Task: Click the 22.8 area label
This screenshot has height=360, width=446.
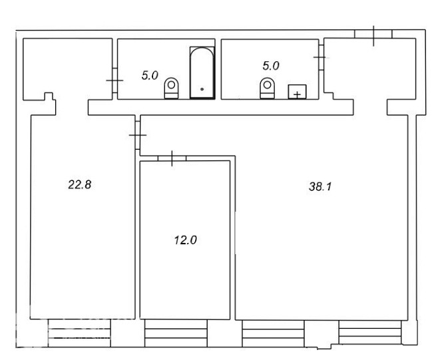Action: click(80, 185)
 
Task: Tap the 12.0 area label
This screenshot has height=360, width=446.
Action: click(186, 240)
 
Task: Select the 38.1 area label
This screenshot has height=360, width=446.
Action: click(320, 187)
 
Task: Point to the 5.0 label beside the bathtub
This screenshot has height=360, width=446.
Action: click(150, 76)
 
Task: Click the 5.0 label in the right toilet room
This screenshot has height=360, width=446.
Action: click(271, 66)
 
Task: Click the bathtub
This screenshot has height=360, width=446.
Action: click(202, 73)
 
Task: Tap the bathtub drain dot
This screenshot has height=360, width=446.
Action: click(202, 89)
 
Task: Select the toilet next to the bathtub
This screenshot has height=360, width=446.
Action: click(172, 88)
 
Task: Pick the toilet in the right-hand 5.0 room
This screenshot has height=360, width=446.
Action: click(268, 88)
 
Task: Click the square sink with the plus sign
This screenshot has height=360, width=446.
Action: click(298, 92)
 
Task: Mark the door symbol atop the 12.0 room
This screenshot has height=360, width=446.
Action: click(172, 158)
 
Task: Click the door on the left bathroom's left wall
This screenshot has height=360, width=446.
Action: click(114, 81)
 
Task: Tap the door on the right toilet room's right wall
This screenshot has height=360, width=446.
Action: click(322, 57)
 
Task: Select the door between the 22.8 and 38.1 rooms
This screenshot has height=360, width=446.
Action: click(138, 135)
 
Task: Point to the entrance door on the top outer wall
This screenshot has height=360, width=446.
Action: click(373, 34)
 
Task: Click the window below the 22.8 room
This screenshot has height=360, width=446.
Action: click(79, 333)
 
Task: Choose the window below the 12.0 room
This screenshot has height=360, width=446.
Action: click(176, 333)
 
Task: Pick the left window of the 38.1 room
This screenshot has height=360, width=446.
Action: click(273, 333)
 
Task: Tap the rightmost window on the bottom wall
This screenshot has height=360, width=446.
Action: click(370, 333)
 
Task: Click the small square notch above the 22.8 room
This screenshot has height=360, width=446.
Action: click(49, 96)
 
